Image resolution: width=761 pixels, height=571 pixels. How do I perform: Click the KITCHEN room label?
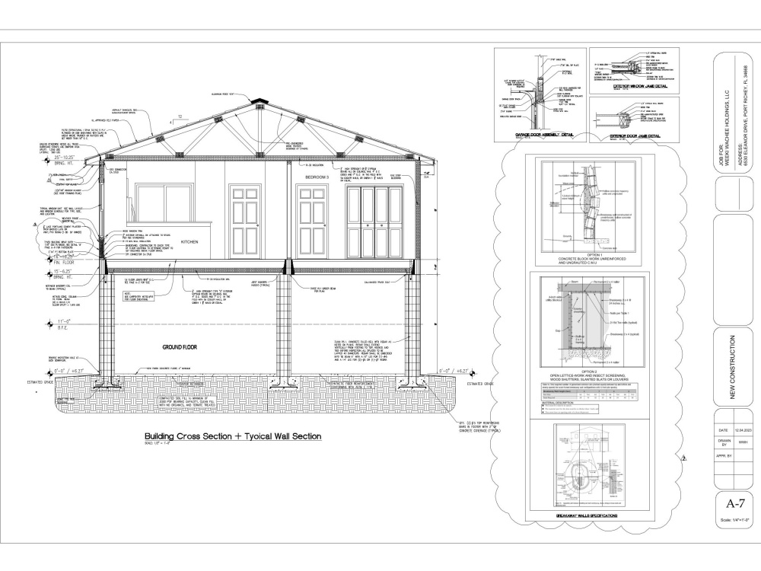tap(189, 241)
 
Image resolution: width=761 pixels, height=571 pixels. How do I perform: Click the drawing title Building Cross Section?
tap(233, 436)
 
